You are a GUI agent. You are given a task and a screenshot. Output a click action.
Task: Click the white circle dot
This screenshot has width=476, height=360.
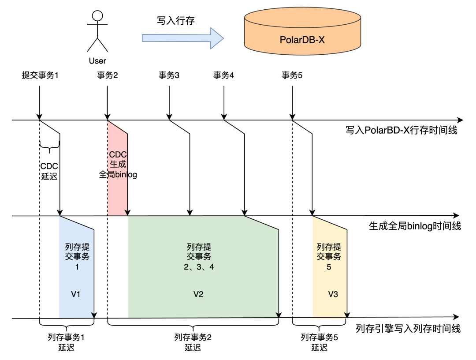pyautogui.click(x=97, y=16)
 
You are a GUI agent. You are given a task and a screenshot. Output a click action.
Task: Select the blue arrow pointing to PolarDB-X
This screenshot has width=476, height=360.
pyautogui.click(x=176, y=38)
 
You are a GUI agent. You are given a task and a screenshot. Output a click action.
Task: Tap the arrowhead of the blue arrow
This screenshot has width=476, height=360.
pyautogui.click(x=217, y=38)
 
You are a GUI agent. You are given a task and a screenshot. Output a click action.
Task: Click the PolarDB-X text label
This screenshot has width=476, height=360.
pyautogui.click(x=302, y=40)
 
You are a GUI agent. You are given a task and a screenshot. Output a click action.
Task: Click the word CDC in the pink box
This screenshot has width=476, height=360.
pyautogui.click(x=118, y=155)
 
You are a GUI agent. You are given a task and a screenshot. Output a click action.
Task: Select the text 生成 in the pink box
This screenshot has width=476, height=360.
pyautogui.click(x=118, y=165)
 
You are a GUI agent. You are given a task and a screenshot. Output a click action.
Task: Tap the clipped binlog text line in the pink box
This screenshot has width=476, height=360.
pyautogui.click(x=118, y=174)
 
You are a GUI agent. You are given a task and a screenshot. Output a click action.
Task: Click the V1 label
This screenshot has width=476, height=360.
pyautogui.click(x=76, y=294)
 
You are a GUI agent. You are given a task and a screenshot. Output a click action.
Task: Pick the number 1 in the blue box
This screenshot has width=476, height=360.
pyautogui.click(x=77, y=267)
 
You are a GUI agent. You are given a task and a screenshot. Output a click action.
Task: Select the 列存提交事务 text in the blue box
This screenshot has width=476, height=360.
pyautogui.click(x=77, y=252)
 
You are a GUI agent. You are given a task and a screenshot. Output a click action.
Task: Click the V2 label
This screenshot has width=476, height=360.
pyautogui.click(x=198, y=294)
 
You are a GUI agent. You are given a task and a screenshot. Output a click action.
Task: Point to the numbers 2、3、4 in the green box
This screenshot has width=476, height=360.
pyautogui.click(x=199, y=267)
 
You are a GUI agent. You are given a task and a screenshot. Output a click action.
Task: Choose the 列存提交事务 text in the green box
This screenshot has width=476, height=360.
pyautogui.click(x=199, y=252)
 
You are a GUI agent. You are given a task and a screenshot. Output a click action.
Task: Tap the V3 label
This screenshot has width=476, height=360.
pyautogui.click(x=333, y=294)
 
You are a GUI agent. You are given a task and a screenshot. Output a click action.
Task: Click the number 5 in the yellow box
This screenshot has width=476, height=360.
pyautogui.click(x=329, y=267)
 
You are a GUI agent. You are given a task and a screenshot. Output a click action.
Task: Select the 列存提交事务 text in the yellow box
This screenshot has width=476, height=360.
pyautogui.click(x=329, y=252)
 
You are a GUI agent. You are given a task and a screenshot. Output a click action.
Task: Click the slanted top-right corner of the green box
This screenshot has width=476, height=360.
pyautogui.click(x=261, y=223)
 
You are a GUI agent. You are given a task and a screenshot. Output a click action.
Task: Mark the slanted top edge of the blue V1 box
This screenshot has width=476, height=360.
pyautogui.click(x=76, y=223)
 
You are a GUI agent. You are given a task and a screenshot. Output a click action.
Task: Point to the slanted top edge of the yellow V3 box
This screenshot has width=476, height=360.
pyautogui.click(x=330, y=223)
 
